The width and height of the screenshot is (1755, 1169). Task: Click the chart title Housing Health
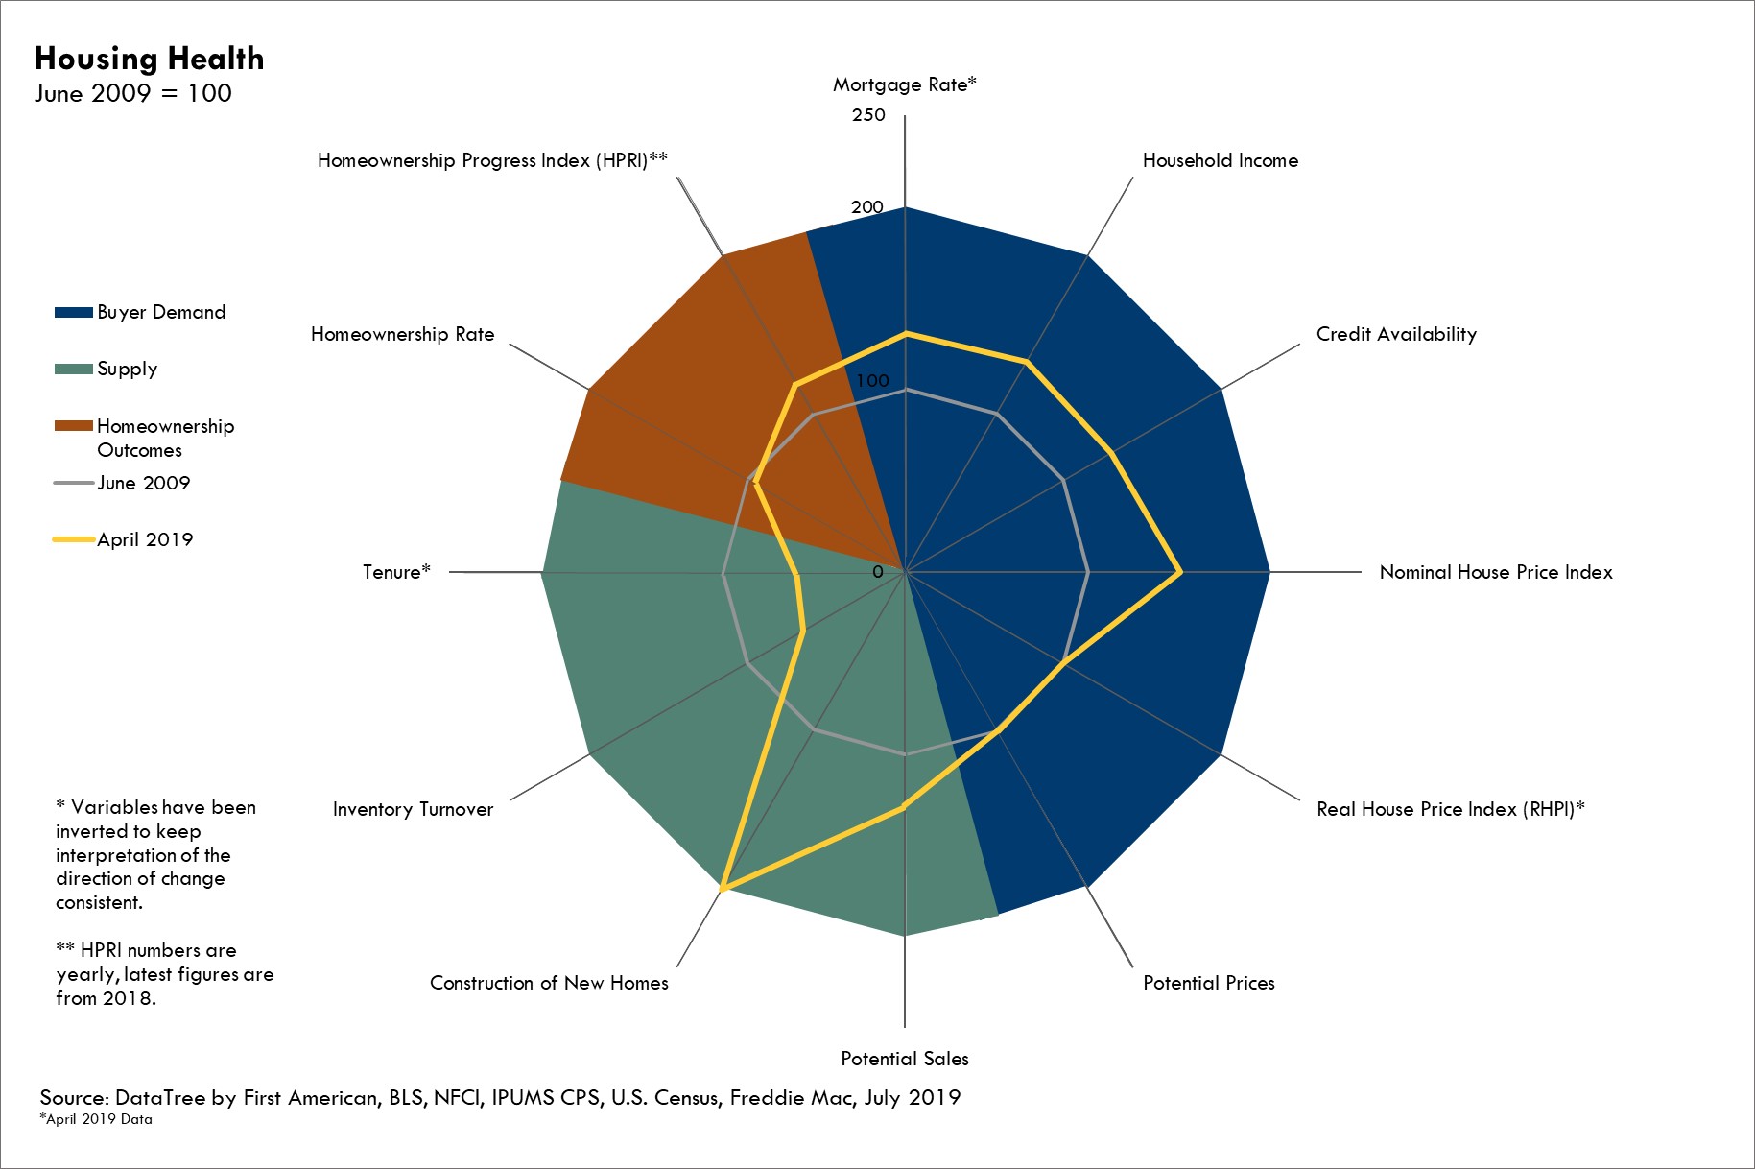coord(149,59)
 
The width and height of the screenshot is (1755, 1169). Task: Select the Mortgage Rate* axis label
coord(904,84)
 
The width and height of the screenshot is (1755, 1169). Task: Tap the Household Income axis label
coord(1220,160)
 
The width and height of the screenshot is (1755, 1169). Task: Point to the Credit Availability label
coord(1395,334)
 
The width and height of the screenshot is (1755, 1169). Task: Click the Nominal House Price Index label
coord(1495,572)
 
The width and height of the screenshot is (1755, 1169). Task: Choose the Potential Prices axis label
coord(1208,983)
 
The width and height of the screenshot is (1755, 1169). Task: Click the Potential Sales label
coord(904,1059)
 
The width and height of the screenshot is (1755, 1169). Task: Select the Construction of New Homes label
coord(549,983)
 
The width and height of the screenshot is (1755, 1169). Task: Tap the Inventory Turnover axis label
coord(413,809)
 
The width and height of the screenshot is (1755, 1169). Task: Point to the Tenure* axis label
coord(396,572)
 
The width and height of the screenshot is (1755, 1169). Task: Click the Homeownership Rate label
coord(402,334)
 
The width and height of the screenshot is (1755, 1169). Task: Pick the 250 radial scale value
coord(868,115)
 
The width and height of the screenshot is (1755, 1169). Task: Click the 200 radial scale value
coord(866,206)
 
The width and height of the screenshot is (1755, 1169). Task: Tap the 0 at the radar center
coord(877,572)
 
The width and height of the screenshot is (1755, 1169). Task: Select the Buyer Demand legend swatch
coord(74,312)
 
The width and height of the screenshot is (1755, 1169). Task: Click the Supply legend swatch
coord(74,369)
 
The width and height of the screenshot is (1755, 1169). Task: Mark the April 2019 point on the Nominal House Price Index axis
coord(1179,572)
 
